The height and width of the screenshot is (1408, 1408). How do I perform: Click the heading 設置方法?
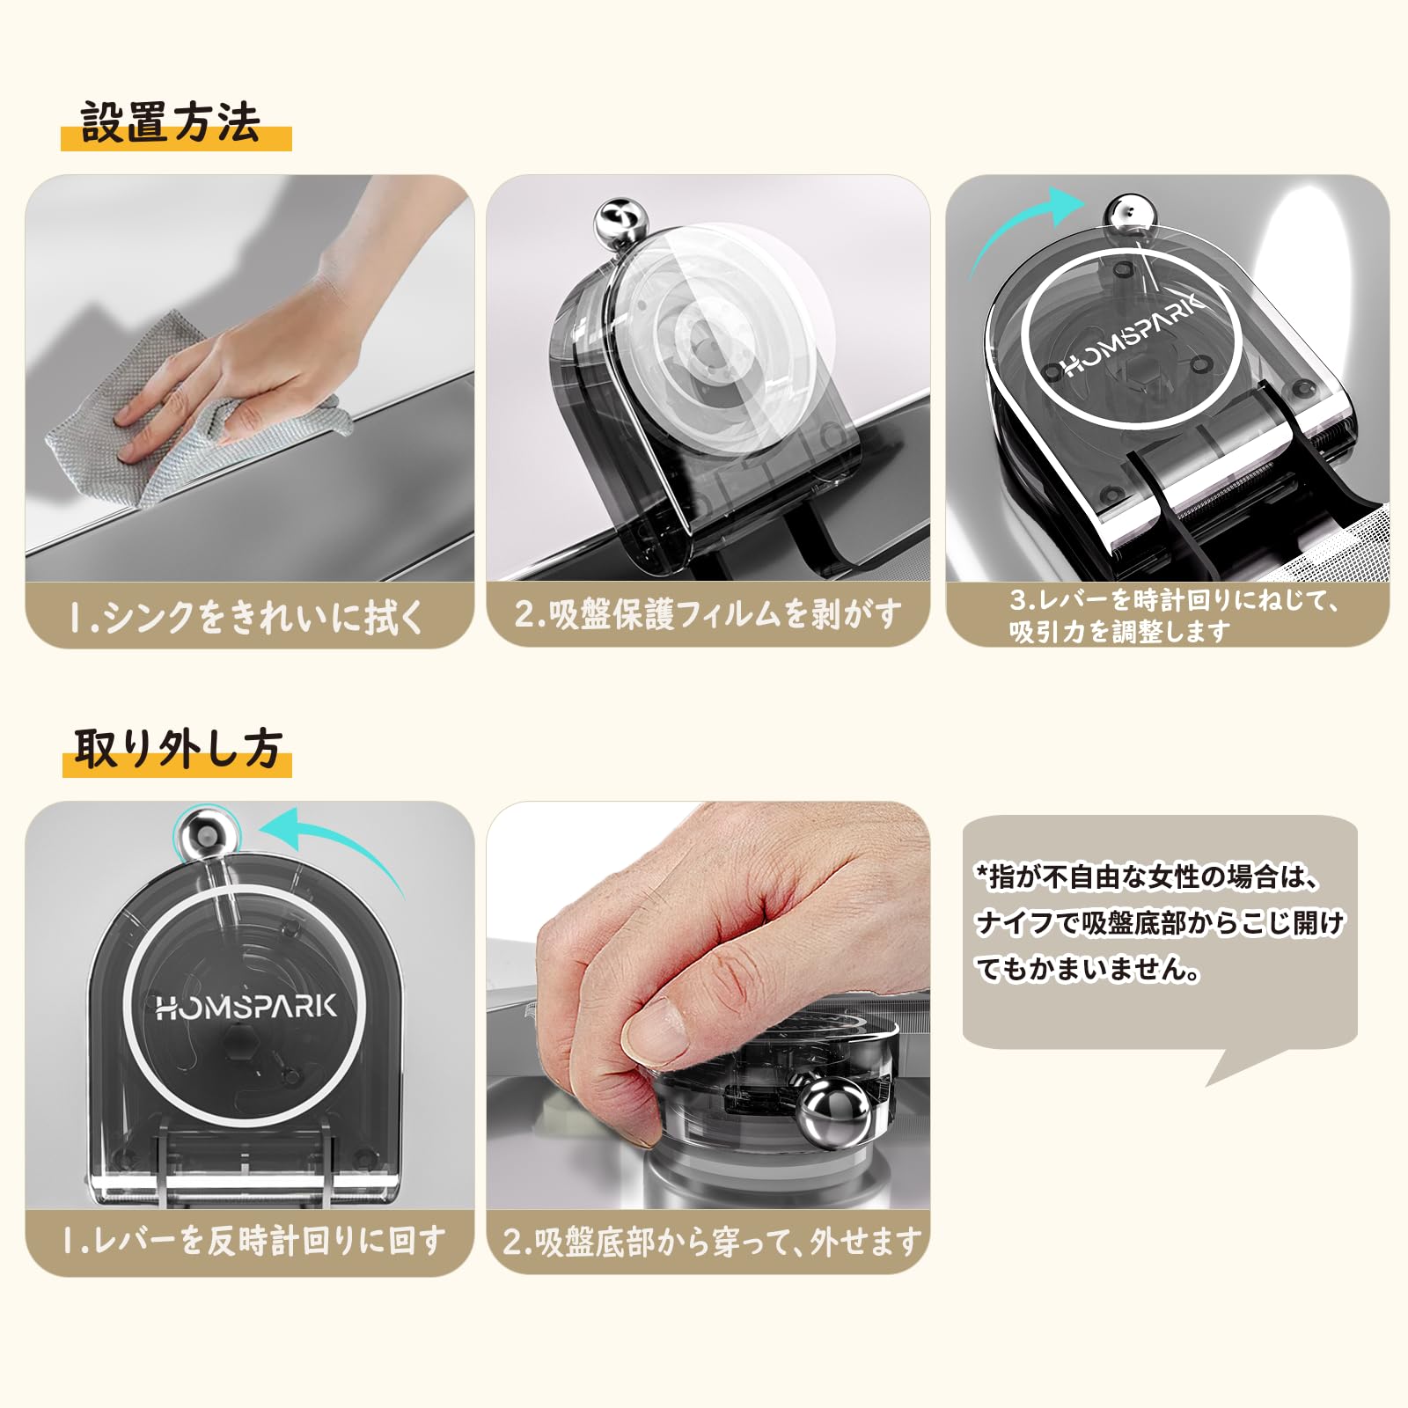pyautogui.click(x=171, y=122)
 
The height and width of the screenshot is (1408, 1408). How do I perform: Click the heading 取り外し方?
pyautogui.click(x=177, y=749)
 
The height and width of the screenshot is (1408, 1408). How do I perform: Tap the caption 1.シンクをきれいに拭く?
pyautogui.click(x=247, y=616)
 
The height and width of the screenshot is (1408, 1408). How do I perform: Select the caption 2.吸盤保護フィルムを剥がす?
pyautogui.click(x=708, y=613)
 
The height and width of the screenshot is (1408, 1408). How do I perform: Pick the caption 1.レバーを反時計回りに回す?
pyautogui.click(x=253, y=1241)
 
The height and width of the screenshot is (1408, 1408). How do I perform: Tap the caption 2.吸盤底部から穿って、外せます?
pyautogui.click(x=712, y=1242)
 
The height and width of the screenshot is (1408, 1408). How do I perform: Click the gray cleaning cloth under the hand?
pyautogui.click(x=176, y=414)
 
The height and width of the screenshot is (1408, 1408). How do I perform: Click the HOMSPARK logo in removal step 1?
pyautogui.click(x=246, y=1006)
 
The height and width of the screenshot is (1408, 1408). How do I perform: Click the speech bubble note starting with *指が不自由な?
pyautogui.click(x=1160, y=923)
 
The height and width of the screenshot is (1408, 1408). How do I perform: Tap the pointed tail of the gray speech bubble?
pyautogui.click(x=1210, y=1082)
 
